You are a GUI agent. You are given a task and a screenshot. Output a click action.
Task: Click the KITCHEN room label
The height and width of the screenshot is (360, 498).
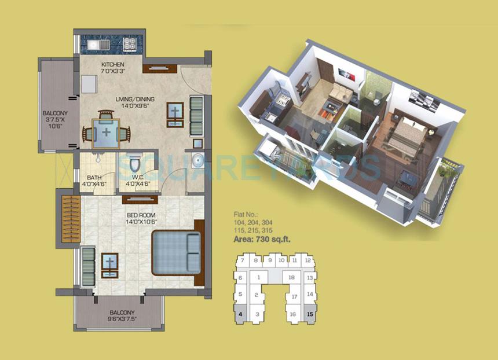113,64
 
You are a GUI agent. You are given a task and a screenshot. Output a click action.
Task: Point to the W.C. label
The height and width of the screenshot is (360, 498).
138,177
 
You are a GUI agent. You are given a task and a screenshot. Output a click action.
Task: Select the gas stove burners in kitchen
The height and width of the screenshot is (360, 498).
129,43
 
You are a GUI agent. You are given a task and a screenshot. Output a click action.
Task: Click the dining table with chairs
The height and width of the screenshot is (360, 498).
107,131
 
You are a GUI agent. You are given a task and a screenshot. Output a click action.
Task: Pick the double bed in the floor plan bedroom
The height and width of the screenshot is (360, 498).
177,253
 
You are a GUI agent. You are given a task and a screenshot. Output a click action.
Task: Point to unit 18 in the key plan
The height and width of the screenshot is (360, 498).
292,278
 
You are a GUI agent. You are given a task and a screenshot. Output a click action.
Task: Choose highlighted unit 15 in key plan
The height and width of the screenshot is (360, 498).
310,314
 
